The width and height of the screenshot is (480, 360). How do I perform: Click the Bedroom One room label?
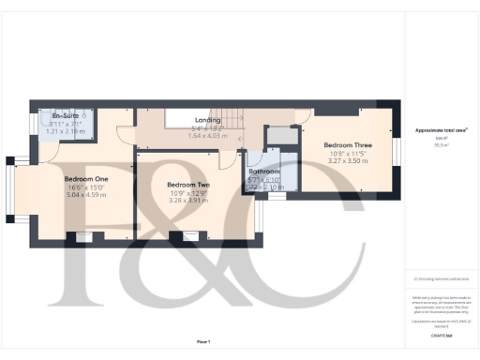point(85,178)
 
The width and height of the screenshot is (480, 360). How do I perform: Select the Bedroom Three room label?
point(347,145)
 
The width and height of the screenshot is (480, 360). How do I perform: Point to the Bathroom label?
point(264,172)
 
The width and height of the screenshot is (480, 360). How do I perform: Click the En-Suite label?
point(67,114)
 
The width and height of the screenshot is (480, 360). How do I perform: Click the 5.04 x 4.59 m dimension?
point(85,195)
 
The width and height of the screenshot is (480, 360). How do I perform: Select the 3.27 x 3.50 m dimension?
point(347,161)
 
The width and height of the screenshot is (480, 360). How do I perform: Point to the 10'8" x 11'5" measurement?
point(347,154)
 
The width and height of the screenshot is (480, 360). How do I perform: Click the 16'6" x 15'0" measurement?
point(85,187)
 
